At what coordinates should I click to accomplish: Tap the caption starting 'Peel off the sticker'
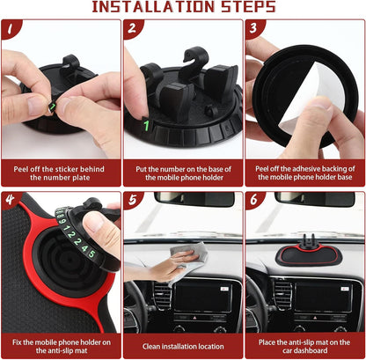[x=61, y=171]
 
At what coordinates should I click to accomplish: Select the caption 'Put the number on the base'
[x=182, y=171]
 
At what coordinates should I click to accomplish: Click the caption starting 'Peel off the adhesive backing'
[x=304, y=171]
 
